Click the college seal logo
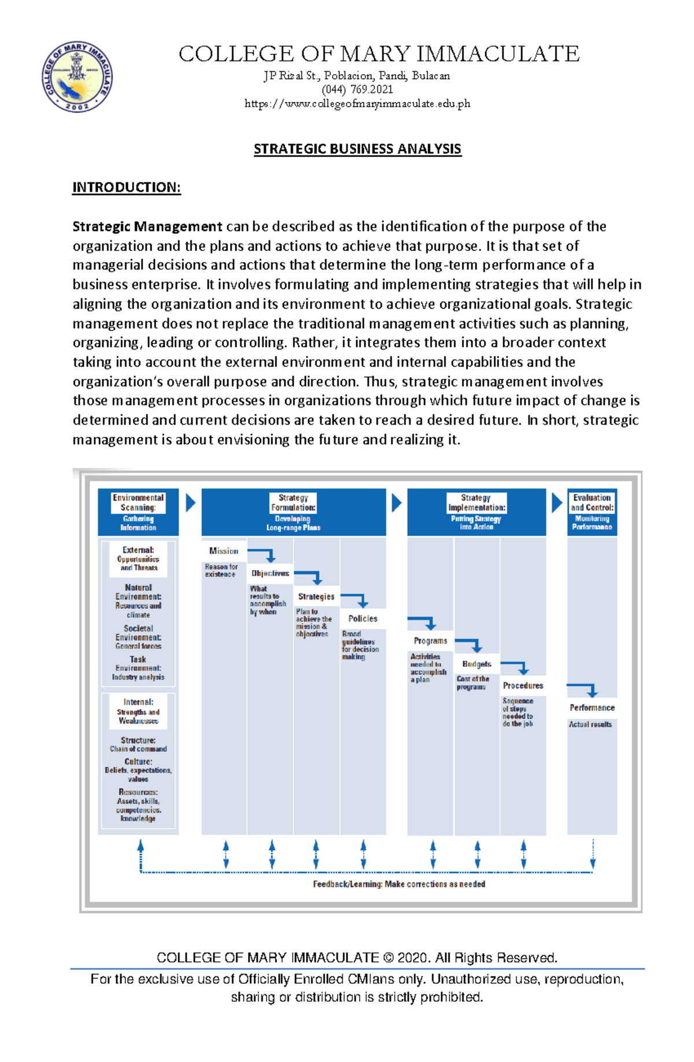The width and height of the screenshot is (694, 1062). tap(77, 77)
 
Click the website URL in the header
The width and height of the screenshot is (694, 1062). tap(357, 104)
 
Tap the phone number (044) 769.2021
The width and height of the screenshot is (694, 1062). tap(357, 90)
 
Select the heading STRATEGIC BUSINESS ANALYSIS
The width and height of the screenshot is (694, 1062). tap(357, 149)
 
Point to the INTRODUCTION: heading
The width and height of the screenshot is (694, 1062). tap(126, 188)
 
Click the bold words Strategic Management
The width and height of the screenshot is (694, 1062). tap(147, 226)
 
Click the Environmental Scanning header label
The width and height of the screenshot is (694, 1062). tap(138, 502)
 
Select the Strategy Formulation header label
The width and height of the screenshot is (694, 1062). tap(293, 502)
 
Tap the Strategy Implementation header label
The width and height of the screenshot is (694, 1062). tap(477, 502)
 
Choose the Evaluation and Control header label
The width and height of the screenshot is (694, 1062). tap(592, 502)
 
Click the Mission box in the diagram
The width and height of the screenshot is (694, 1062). tap(224, 551)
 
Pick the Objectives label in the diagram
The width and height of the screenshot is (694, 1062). tap(270, 574)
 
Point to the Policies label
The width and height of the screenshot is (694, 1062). tap(363, 619)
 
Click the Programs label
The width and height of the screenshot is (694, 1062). tap(430, 641)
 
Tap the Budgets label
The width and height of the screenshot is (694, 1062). tap(477, 664)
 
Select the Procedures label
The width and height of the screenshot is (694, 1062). tap(523, 686)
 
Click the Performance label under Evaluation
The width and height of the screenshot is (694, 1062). tap(592, 708)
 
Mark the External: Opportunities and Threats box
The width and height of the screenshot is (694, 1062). tap(138, 559)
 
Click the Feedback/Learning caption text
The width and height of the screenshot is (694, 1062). tap(399, 884)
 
